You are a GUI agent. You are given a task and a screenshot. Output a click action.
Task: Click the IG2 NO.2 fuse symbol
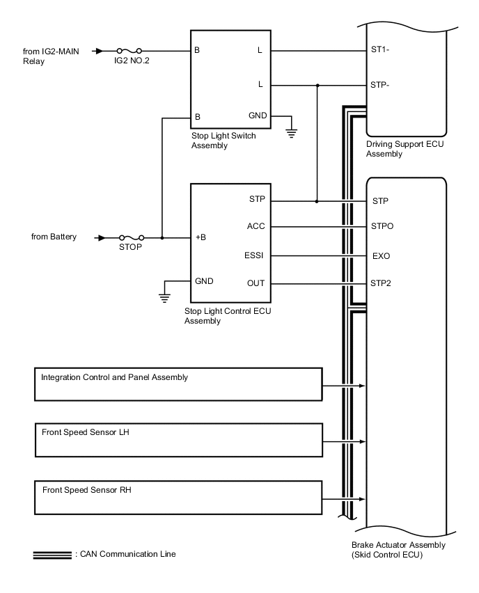(x=130, y=51)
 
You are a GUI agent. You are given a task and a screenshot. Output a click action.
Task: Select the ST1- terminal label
(x=380, y=51)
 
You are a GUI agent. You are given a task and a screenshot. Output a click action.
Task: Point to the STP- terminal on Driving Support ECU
(x=381, y=85)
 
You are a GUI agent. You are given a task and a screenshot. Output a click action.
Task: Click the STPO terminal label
(x=383, y=226)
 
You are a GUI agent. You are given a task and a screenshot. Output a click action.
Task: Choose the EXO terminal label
(x=381, y=256)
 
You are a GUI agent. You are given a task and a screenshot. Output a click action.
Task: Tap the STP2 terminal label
(x=382, y=283)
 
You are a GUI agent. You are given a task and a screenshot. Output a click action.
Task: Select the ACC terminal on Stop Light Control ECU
(x=256, y=226)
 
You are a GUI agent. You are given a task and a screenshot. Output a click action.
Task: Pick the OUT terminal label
(x=256, y=283)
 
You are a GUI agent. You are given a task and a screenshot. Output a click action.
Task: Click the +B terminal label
(x=201, y=237)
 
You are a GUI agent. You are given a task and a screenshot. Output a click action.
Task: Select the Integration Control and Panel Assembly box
(x=178, y=384)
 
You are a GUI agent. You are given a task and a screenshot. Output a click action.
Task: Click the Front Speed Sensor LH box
(x=178, y=439)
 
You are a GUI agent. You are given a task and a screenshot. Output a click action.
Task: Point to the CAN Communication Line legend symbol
(x=52, y=555)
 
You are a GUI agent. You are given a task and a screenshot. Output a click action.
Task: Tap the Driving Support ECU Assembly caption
(x=405, y=149)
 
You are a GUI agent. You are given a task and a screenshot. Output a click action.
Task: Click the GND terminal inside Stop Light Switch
(x=258, y=115)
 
